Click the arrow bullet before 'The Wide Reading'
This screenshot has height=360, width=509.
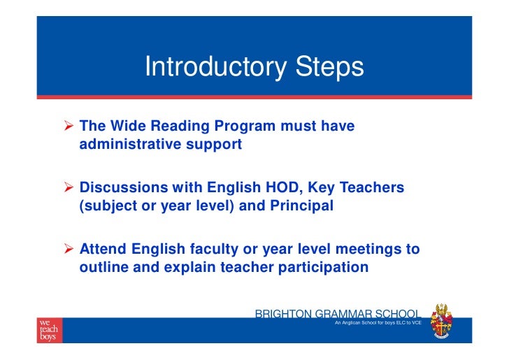pyautogui.click(x=70, y=127)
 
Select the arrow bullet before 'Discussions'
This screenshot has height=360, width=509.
pyautogui.click(x=70, y=188)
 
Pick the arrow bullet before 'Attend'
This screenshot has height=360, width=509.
pyautogui.click(x=70, y=249)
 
